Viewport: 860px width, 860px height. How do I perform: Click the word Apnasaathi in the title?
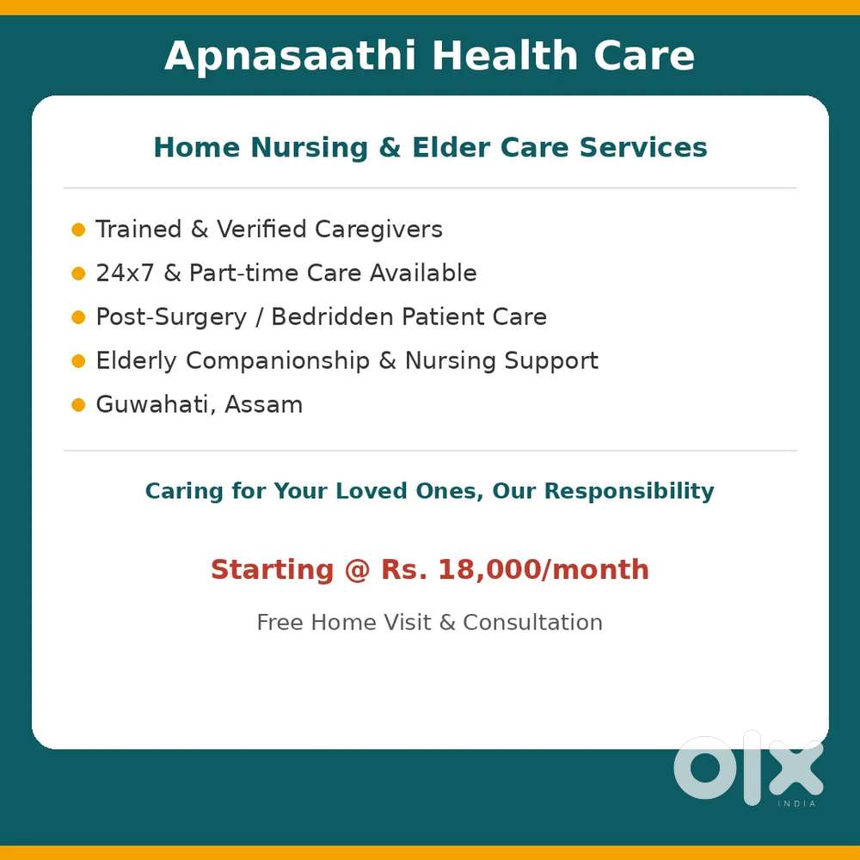pos(290,56)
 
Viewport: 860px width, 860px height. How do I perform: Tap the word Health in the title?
pos(505,55)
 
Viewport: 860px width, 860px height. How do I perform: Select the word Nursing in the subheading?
pos(310,148)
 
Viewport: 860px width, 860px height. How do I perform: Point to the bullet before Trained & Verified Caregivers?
pos(78,230)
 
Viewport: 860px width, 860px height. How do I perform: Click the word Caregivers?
pos(378,230)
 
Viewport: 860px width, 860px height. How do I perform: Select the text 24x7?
pos(125,273)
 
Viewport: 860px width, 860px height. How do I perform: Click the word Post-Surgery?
pos(172,317)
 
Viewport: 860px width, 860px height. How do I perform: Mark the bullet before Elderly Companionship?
pos(78,361)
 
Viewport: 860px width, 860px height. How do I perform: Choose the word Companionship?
pos(278,361)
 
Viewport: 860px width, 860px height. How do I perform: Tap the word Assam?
pos(264,405)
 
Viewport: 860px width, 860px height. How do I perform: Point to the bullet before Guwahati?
pos(78,405)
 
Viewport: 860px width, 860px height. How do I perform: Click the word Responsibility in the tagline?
pos(630,491)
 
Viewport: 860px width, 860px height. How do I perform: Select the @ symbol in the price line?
pos(357,570)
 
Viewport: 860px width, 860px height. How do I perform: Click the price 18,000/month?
pos(544,569)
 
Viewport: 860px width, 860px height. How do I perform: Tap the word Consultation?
pos(532,623)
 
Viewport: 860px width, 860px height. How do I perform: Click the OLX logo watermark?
pos(749,768)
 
